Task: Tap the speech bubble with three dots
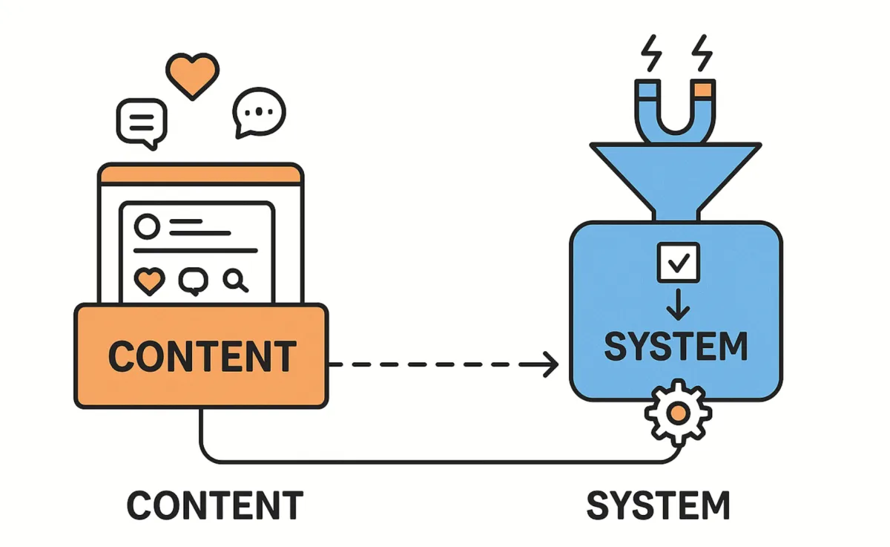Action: pos(258,113)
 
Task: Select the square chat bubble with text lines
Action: pos(141,123)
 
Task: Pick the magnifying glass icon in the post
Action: pos(235,281)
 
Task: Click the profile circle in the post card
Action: pos(148,226)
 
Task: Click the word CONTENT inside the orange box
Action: pos(202,356)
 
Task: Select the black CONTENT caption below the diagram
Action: pos(214,505)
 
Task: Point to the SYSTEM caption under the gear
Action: pos(659,505)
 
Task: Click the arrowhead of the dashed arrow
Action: pos(550,364)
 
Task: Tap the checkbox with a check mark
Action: pos(678,262)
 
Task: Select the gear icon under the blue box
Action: pos(677,413)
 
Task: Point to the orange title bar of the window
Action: pos(201,176)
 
